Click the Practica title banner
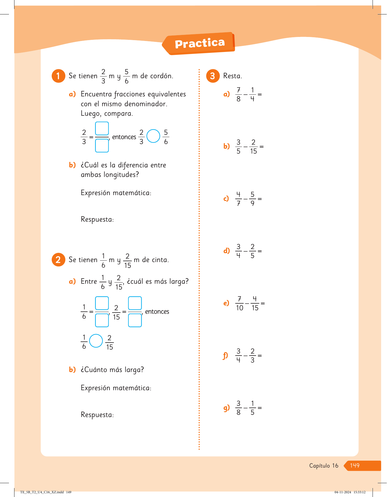[x=200, y=44]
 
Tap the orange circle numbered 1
[x=58, y=76]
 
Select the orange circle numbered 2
[x=58, y=260]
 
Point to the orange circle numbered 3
[x=213, y=76]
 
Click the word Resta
[x=232, y=76]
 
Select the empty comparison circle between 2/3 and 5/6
[x=153, y=136]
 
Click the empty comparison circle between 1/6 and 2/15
[x=96, y=341]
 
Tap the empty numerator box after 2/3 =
[x=102, y=129]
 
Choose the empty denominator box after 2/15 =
[x=135, y=320]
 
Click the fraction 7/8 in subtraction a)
[x=238, y=95]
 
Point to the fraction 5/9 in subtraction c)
[x=253, y=199]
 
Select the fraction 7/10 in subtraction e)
[x=240, y=304]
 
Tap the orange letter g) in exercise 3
[x=226, y=408]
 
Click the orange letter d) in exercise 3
[x=226, y=251]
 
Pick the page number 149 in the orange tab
[x=355, y=466]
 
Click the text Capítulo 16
[x=324, y=466]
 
